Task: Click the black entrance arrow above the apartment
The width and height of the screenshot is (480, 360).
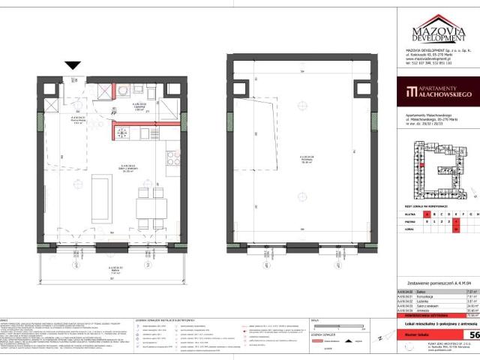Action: (73, 67)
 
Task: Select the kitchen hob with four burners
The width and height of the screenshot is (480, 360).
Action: (171, 158)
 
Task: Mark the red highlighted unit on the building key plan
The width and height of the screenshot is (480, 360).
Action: (422, 168)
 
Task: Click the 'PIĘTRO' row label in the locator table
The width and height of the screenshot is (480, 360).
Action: (411, 223)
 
